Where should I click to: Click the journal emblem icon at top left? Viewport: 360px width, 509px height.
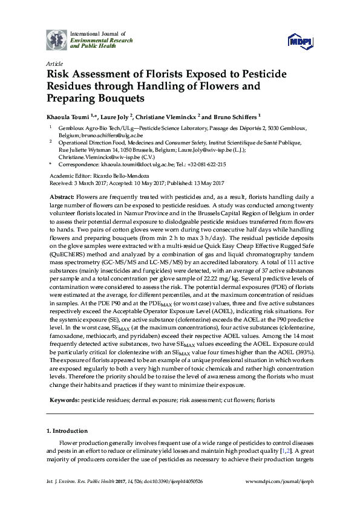[x=57, y=40]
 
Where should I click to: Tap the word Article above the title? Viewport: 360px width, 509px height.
[x=54, y=63]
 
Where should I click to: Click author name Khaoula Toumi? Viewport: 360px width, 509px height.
[x=68, y=116]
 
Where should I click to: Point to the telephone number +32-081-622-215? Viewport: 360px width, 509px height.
[x=205, y=164]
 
